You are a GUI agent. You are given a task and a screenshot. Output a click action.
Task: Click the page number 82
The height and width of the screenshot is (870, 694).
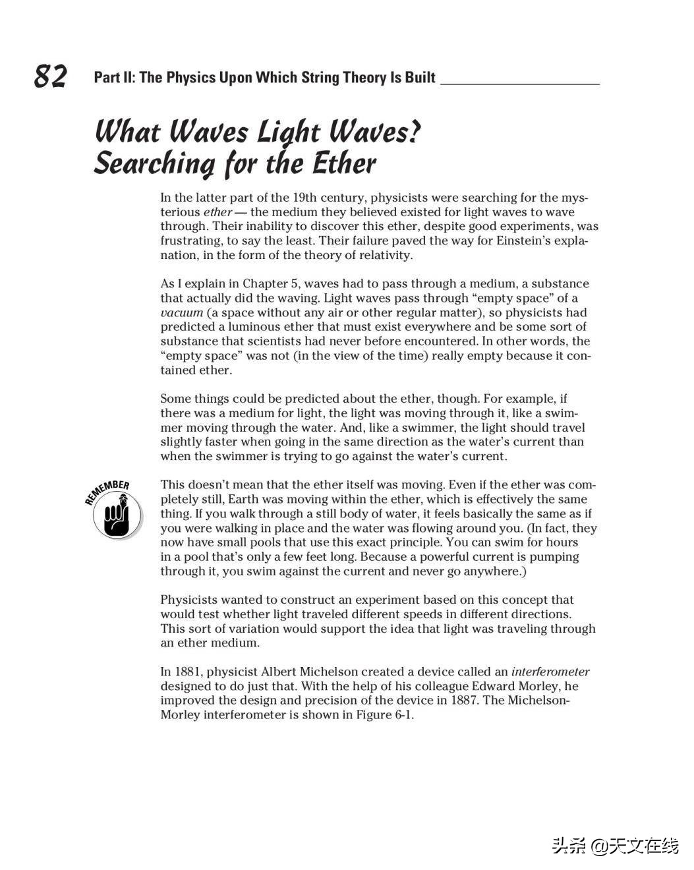(x=51, y=76)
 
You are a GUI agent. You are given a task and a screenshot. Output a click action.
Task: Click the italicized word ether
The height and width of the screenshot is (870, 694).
(x=217, y=212)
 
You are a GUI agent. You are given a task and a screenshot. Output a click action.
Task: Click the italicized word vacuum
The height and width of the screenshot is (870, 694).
(x=181, y=312)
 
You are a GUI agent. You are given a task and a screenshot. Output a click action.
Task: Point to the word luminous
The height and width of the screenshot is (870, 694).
(x=253, y=327)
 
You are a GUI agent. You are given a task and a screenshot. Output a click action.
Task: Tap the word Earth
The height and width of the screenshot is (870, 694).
(x=243, y=500)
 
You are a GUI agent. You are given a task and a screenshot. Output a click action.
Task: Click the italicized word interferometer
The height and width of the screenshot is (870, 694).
(x=550, y=672)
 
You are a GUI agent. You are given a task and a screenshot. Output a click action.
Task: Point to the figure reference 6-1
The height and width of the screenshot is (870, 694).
(x=403, y=715)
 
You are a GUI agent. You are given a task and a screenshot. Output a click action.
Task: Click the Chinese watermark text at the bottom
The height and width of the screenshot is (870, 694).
(x=614, y=846)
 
